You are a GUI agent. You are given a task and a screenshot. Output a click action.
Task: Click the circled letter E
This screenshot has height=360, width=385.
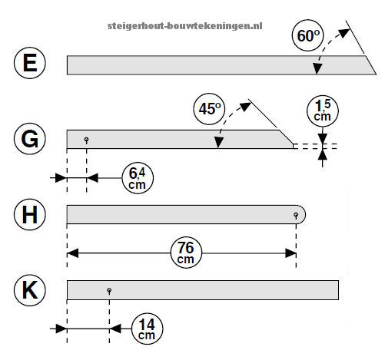pyautogui.click(x=30, y=63)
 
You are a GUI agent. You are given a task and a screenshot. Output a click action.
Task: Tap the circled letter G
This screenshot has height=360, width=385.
pyautogui.click(x=30, y=139)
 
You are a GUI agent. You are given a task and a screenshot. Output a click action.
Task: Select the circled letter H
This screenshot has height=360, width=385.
pyautogui.click(x=30, y=214)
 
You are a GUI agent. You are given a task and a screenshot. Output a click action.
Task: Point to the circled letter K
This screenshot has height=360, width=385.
pyautogui.click(x=30, y=290)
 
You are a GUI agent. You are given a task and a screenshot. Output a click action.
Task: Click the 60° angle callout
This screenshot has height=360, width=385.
pyautogui.click(x=308, y=35)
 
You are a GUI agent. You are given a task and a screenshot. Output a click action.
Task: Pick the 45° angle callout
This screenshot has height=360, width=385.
pyautogui.click(x=209, y=109)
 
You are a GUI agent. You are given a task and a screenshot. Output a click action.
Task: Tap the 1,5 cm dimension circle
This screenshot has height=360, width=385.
pyautogui.click(x=323, y=111)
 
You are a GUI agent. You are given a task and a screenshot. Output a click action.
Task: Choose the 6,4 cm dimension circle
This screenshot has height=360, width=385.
pyautogui.click(x=138, y=178)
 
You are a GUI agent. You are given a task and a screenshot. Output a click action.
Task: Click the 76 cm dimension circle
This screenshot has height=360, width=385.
pyautogui.click(x=186, y=253)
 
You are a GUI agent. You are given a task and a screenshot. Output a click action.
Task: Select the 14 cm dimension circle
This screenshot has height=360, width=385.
pyautogui.click(x=147, y=329)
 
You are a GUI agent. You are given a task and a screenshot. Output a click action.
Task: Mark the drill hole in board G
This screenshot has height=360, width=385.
pyautogui.click(x=87, y=140)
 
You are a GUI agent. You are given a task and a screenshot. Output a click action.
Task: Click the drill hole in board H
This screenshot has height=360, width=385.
pyautogui.click(x=296, y=215)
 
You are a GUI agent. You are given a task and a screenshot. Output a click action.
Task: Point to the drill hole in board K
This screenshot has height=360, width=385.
pyautogui.click(x=109, y=291)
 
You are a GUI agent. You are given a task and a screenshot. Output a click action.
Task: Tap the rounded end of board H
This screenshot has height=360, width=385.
pyautogui.click(x=301, y=214)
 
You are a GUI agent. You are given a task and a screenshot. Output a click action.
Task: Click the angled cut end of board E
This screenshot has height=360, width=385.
pyautogui.click(x=370, y=65)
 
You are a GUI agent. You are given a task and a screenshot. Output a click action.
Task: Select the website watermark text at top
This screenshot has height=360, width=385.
pyautogui.click(x=185, y=26)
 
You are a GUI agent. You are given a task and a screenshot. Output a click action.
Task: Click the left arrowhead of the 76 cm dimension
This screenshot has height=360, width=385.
pyautogui.click(x=73, y=253)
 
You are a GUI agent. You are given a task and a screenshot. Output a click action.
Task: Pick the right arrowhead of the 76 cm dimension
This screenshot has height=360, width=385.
pyautogui.click(x=290, y=253)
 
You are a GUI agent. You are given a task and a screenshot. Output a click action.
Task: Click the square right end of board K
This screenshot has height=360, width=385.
pyautogui.click(x=338, y=290)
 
